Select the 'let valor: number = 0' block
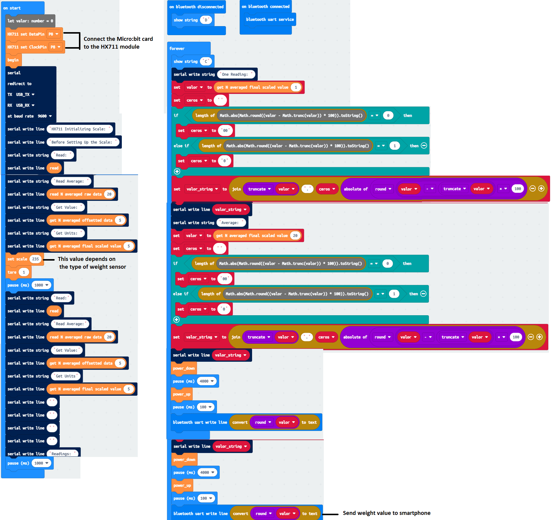coord(30,21)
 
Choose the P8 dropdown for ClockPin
coord(56,47)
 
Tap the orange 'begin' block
coord(13,60)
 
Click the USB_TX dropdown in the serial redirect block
coord(25,95)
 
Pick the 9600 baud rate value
coord(45,116)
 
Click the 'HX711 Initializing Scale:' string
coord(80,129)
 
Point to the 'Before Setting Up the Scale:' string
coord(83,142)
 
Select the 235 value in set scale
coord(35,259)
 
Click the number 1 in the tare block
coord(24,272)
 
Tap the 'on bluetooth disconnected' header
coord(197,7)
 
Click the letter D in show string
coord(206,20)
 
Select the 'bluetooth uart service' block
coord(270,20)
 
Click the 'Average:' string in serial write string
coord(230,223)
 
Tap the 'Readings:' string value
coord(62,453)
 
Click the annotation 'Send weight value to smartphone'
coord(387,513)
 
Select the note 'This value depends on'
coord(86,259)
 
